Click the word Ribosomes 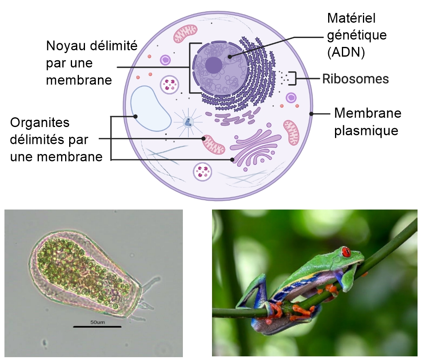(x=356, y=79)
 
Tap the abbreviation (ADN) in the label (x=346, y=52)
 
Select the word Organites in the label (x=40, y=123)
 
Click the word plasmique (x=366, y=131)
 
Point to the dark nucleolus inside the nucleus (x=214, y=65)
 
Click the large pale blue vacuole (x=151, y=108)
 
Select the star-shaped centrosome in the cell (x=188, y=122)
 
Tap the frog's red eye (x=346, y=252)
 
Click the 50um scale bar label (x=98, y=322)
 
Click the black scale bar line (x=97, y=327)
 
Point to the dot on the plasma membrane (x=311, y=114)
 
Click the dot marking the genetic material (x=229, y=57)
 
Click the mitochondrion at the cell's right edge (x=291, y=132)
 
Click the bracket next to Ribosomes (x=293, y=78)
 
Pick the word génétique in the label (x=357, y=36)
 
